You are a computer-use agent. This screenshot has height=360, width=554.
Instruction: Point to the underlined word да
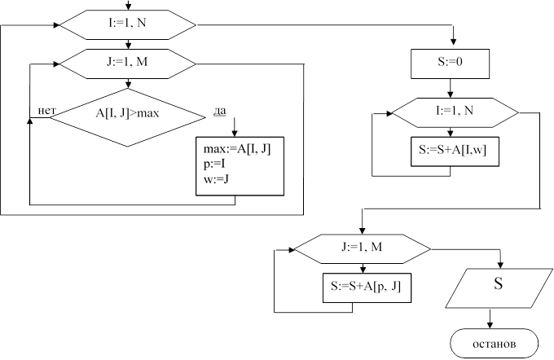point(219,111)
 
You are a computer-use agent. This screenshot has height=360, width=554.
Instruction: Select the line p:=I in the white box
point(213,164)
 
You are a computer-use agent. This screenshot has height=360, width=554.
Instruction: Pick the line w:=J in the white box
point(215,178)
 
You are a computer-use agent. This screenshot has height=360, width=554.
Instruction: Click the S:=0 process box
point(453,63)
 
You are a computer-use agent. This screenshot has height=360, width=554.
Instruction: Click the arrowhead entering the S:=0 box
point(453,46)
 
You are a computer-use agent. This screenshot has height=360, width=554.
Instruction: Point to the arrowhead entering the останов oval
point(490,325)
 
